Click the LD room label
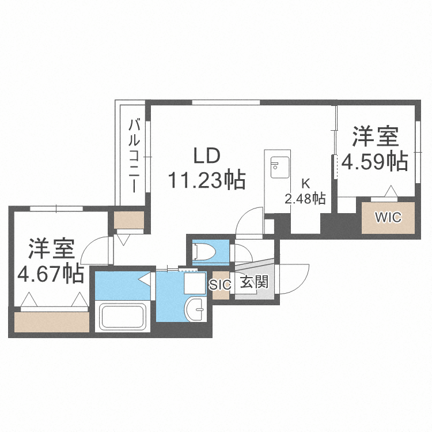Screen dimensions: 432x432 [x=206, y=156]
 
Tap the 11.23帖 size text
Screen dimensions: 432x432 [x=206, y=180]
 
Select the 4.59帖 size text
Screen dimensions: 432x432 [x=375, y=162]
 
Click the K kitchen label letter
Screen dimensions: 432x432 [x=306, y=184]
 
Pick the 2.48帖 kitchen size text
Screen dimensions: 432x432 [x=306, y=199]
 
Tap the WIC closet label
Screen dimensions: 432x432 [x=388, y=217]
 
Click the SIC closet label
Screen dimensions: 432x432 [x=220, y=284]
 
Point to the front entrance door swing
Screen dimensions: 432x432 [x=294, y=279]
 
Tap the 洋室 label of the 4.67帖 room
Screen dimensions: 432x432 [x=51, y=249]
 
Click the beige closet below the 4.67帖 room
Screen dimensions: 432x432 [x=52, y=321]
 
